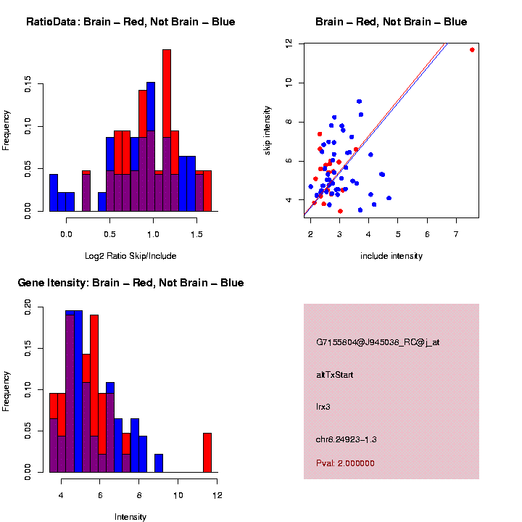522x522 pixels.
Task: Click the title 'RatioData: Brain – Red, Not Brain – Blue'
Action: [130, 22]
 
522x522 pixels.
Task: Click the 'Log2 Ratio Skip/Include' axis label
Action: [130, 255]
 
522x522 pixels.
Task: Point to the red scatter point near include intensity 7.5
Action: [472, 49]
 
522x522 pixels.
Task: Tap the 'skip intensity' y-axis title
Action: [268, 130]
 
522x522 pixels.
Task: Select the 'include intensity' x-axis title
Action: [391, 256]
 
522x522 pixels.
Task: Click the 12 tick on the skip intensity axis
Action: [289, 44]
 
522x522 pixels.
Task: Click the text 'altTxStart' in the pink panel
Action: [335, 375]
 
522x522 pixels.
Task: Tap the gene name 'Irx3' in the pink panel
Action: [323, 407]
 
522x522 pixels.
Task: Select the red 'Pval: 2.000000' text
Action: [345, 463]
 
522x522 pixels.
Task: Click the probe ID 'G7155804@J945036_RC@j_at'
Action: [378, 342]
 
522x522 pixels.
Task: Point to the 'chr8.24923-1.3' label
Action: [347, 439]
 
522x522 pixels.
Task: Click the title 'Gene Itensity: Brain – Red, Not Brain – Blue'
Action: [130, 283]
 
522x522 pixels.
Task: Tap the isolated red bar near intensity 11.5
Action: [207, 452]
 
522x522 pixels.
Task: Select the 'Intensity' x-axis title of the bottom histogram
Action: [130, 517]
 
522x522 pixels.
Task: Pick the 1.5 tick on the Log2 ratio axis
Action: [196, 233]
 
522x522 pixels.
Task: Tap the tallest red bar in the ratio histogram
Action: [167, 130]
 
